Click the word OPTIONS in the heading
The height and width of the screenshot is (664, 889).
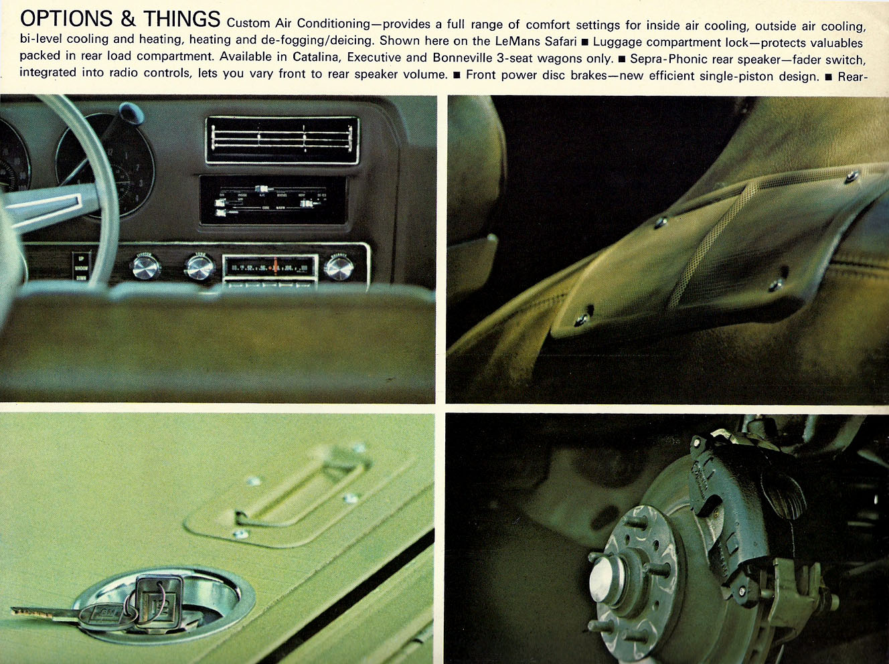point(66,20)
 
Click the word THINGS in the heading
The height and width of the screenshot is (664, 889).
point(181,20)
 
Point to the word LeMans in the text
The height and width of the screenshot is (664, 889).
point(519,41)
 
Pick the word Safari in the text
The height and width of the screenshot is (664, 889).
point(560,41)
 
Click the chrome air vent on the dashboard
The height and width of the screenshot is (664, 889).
point(282,141)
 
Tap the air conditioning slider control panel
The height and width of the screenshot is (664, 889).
point(272,200)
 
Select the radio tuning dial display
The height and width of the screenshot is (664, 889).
point(269,268)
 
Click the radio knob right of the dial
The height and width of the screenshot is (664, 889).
point(339,267)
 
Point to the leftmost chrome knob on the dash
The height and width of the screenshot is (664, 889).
point(145,267)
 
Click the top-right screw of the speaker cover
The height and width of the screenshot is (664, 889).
point(852,177)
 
